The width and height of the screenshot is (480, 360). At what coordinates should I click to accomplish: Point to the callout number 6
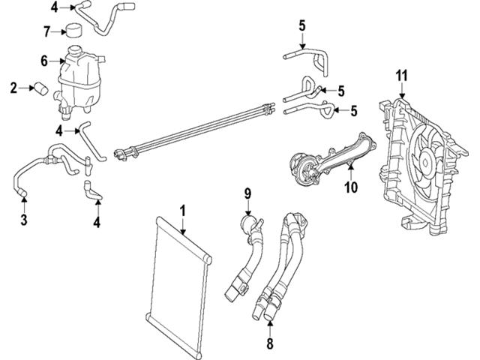coord(44,61)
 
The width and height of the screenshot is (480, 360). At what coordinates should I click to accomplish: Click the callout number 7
coord(46,31)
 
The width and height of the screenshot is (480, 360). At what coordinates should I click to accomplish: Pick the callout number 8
coord(270,346)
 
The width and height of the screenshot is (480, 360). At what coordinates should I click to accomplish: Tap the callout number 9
coord(246,195)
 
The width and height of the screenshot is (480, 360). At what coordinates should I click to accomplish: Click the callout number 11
coord(401,75)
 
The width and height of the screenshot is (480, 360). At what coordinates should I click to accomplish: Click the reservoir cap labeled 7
coord(73,31)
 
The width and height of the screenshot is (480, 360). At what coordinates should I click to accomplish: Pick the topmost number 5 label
coord(301,26)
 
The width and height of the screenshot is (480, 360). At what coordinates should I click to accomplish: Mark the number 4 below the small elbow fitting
coord(96,222)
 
